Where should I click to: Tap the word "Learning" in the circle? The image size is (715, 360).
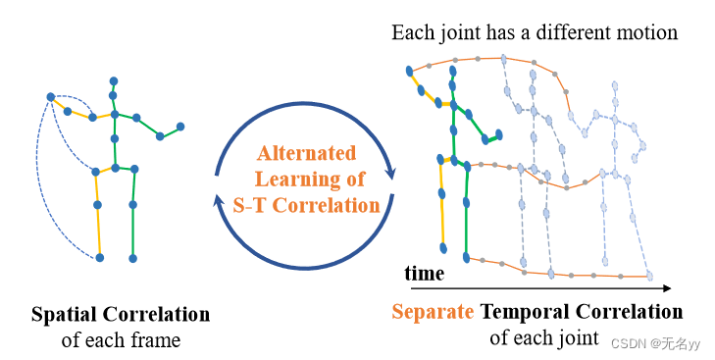point(293,180)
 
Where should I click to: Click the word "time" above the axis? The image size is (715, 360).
point(425,274)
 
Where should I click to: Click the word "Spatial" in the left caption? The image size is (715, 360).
point(66,315)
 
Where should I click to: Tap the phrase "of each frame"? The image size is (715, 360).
point(121,339)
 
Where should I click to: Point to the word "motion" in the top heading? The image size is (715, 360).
point(644,32)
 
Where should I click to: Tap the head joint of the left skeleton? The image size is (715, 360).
point(114,80)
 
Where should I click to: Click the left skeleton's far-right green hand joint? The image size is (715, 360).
point(180,126)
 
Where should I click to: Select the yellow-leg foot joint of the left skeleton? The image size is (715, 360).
point(100,258)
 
